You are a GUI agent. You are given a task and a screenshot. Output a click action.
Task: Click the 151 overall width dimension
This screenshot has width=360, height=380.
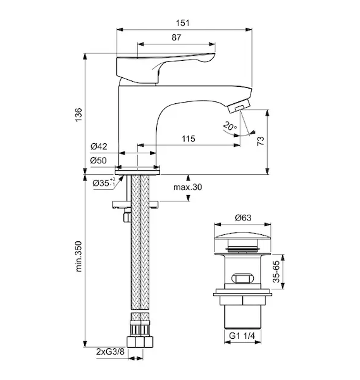point(183,23)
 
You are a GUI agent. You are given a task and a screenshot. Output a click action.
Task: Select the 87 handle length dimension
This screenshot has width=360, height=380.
point(177,37)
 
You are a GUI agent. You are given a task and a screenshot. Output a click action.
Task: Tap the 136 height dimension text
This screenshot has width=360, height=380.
point(78,115)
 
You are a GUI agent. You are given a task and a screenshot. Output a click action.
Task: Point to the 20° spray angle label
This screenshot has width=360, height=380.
point(230,126)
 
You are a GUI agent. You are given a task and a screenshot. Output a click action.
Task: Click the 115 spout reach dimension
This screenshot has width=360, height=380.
point(189,139)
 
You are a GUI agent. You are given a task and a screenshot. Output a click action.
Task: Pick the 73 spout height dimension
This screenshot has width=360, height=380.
point(261,141)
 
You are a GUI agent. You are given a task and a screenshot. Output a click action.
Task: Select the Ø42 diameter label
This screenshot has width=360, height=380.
point(99,146)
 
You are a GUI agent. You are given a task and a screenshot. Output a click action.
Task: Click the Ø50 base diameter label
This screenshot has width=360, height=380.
point(99,160)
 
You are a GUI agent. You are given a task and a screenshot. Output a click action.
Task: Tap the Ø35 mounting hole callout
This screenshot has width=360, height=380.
point(104,183)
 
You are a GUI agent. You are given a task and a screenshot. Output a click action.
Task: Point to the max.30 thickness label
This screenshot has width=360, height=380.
point(188,187)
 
